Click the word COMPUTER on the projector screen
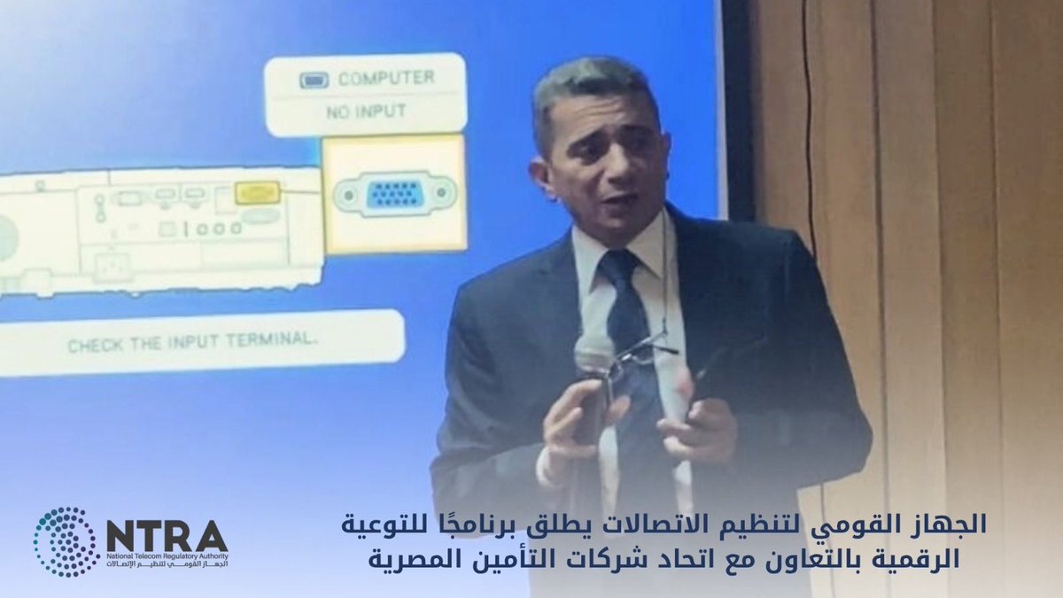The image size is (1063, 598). point(385,79)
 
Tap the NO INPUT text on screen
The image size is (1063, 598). point(366,112)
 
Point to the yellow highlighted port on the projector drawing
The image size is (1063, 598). point(258,192)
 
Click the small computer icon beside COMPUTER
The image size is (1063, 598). point(314,80)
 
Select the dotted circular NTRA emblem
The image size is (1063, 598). point(65,542)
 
